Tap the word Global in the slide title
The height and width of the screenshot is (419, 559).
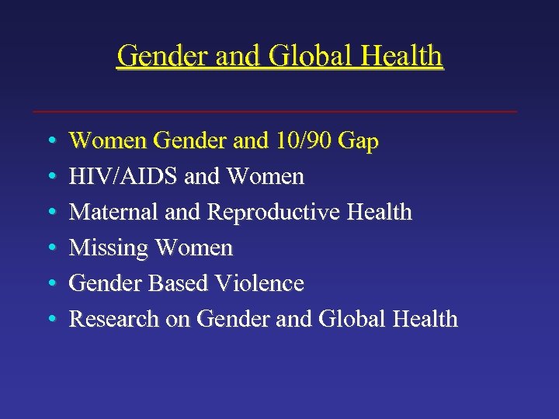click(304, 56)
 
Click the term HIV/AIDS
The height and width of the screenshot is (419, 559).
click(124, 177)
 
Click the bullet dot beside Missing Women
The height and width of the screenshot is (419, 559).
click(50, 248)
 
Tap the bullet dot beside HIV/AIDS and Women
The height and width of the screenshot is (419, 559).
click(50, 177)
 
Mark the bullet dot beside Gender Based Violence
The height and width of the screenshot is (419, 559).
click(50, 284)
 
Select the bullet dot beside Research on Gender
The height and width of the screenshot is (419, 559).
click(50, 320)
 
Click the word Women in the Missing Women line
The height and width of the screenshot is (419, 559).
click(194, 248)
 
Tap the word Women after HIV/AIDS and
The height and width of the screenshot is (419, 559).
click(266, 177)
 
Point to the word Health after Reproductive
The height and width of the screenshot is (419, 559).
click(380, 212)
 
